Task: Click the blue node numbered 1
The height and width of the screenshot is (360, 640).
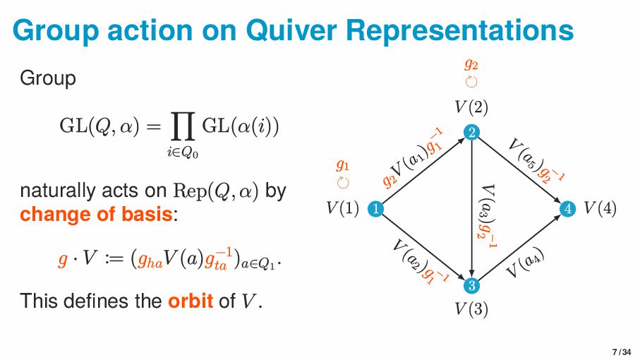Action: click(x=376, y=208)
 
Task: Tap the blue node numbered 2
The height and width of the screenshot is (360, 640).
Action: click(x=471, y=132)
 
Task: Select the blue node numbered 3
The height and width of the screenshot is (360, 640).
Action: click(x=471, y=285)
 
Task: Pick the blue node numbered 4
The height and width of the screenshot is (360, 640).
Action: click(x=567, y=208)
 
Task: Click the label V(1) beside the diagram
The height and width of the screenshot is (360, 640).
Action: click(x=343, y=208)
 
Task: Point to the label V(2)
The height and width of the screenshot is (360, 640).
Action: click(x=471, y=107)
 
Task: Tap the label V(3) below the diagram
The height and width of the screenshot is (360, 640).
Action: click(x=471, y=308)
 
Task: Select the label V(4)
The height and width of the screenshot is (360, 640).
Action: click(x=600, y=208)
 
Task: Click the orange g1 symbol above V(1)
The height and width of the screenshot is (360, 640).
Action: click(x=343, y=166)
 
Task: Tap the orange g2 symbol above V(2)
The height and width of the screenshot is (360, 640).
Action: click(x=471, y=64)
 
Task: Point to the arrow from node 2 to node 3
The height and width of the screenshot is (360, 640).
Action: click(x=471, y=212)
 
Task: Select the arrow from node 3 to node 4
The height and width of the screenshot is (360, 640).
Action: click(x=519, y=247)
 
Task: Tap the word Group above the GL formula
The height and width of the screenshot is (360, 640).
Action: click(x=48, y=78)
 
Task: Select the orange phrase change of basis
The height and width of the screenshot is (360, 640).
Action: click(x=97, y=213)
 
